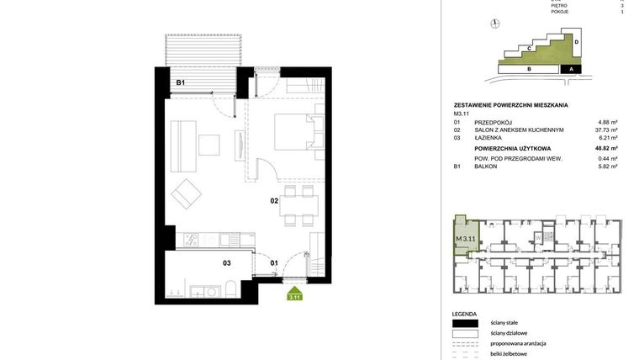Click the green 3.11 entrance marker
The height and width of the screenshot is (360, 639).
coord(294,294)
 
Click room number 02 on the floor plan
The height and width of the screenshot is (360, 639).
coord(274,201)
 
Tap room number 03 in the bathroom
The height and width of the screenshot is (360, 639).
coord(227,263)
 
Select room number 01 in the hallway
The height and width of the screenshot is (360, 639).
coord(274,263)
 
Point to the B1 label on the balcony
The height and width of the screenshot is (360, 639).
coord(180,82)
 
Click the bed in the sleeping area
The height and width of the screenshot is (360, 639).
coord(297,133)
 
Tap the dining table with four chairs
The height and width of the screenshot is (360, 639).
coord(298,205)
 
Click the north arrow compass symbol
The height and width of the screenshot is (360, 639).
coord(496,24)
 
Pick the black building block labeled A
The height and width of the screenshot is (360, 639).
coord(572,69)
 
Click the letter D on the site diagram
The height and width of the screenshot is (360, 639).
coord(577,40)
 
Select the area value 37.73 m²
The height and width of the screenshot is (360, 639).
coord(606,130)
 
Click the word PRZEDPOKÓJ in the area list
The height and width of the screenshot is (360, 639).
coord(494,122)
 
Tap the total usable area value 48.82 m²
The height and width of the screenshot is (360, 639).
coord(606,148)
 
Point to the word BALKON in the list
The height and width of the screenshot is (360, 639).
coord(486,167)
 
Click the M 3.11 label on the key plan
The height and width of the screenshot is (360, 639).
coord(465,238)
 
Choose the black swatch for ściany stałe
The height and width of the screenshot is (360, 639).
coord(464,323)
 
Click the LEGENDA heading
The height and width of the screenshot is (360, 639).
coord(464,313)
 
